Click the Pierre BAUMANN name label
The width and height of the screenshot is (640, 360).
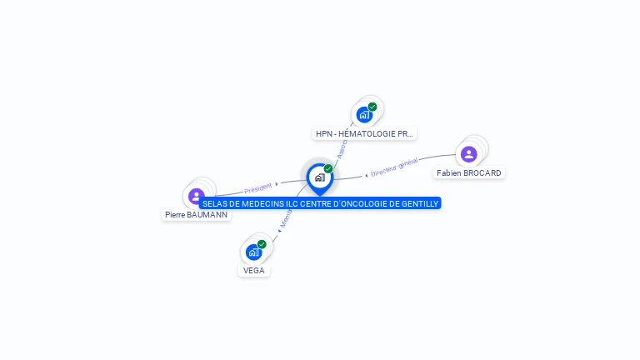click(196, 215)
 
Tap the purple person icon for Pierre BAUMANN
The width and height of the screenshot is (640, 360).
click(197, 197)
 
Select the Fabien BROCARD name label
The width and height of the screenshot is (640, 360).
click(469, 173)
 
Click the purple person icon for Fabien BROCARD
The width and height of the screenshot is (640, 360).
click(469, 154)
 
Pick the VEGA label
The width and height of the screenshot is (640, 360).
click(254, 271)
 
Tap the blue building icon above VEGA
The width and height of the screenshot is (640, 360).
click(253, 252)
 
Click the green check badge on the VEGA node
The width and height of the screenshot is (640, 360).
click(262, 244)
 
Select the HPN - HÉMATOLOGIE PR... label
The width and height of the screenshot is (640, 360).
click(364, 133)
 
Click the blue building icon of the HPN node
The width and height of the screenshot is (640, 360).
click(364, 115)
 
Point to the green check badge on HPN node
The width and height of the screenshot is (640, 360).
click(372, 107)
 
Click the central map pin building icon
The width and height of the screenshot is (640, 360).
click(319, 177)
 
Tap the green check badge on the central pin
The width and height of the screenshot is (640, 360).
click(328, 169)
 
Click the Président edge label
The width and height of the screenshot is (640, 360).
click(258, 188)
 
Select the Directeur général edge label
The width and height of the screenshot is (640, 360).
click(394, 168)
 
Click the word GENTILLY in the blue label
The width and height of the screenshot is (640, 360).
click(417, 203)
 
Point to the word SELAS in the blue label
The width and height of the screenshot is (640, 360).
click(214, 203)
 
